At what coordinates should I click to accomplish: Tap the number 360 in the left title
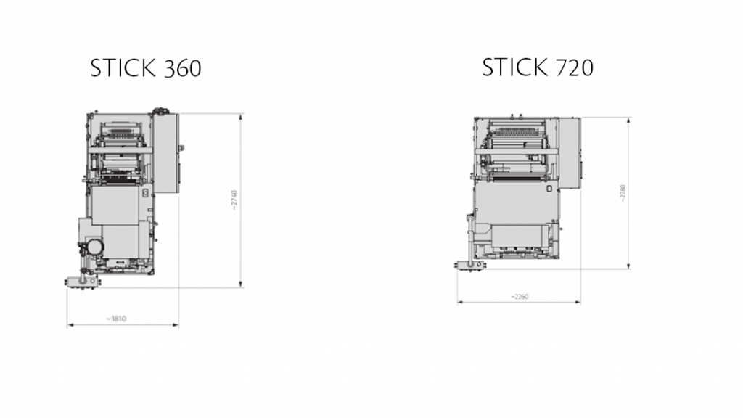pyautogui.click(x=181, y=68)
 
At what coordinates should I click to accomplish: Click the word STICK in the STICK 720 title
pyautogui.click(x=514, y=67)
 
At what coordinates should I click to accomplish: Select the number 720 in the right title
pyautogui.click(x=573, y=67)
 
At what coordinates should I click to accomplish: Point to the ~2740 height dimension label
pyautogui.click(x=234, y=200)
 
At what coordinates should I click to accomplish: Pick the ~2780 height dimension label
pyautogui.click(x=622, y=193)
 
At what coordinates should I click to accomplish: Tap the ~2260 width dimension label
pyautogui.click(x=520, y=297)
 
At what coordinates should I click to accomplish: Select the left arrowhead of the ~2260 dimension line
pyautogui.click(x=460, y=303)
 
